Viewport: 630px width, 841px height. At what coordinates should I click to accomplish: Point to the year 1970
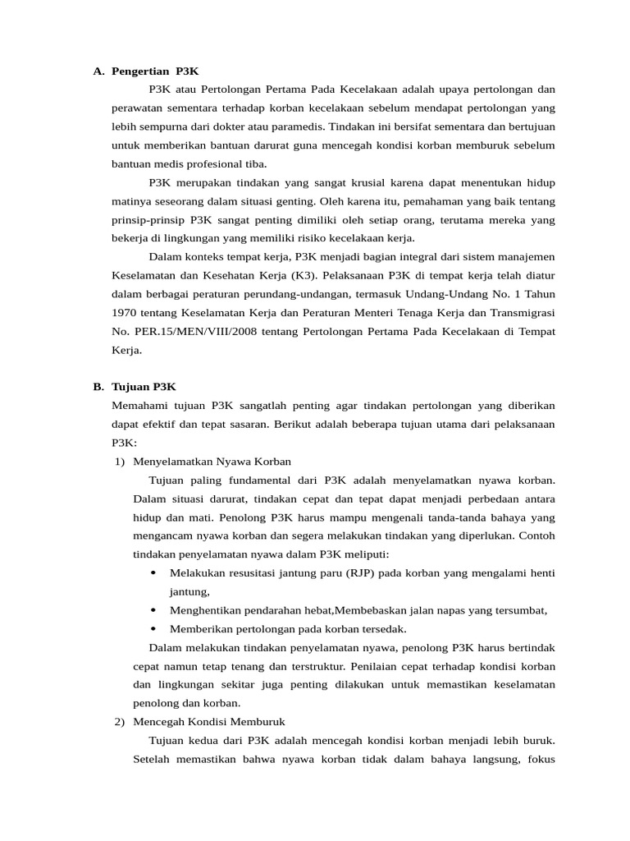point(127,313)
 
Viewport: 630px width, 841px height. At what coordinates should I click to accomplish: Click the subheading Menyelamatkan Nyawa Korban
point(212,461)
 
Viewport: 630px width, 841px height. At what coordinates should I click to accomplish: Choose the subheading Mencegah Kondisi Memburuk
point(208,721)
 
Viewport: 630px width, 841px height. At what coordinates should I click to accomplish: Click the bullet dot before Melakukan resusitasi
point(154,572)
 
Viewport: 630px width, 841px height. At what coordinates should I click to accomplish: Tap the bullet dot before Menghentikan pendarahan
point(154,610)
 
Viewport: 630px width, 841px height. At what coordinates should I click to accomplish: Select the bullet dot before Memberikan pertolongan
point(154,629)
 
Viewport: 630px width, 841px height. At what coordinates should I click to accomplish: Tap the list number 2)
point(119,721)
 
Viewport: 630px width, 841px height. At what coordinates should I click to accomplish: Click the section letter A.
point(98,71)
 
